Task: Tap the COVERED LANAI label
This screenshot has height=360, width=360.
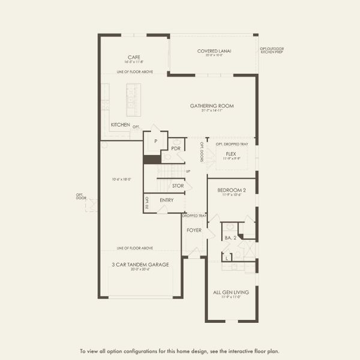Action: point(214,51)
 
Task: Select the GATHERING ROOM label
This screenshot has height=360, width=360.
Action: point(212,106)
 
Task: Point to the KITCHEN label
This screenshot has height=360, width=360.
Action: point(121,125)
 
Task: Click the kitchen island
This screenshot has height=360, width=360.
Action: point(133,100)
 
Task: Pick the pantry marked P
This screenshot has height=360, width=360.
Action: point(155,141)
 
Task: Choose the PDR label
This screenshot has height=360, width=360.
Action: point(176,148)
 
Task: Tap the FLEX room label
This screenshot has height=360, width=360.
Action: point(231,154)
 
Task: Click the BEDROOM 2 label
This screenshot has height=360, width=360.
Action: point(232,190)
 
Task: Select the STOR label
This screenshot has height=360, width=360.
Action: point(178,186)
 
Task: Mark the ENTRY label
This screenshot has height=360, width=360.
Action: point(167,200)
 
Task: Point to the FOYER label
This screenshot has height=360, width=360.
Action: point(193,229)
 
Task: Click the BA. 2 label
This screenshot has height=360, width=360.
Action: point(229,238)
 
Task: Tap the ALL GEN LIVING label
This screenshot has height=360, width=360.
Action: point(231,292)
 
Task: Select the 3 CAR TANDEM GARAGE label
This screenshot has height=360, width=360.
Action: point(140,264)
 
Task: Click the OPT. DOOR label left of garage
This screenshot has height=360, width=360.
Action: point(80,196)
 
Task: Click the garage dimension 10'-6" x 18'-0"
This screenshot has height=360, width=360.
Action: point(121,179)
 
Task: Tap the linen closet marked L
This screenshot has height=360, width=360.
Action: point(226,257)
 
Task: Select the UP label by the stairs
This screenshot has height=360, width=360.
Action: point(188,172)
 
